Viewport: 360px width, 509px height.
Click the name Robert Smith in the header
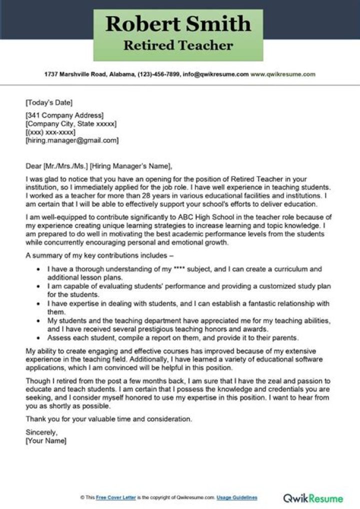point(178,23)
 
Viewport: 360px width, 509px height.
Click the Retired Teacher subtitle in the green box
point(178,46)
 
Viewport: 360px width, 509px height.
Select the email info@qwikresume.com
point(216,74)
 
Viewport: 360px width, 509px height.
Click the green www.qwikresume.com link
point(283,74)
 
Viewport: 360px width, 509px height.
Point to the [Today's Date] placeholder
point(49,103)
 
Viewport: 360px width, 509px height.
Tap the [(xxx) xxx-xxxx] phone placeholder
point(50,132)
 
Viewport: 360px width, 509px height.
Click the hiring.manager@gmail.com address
point(72,140)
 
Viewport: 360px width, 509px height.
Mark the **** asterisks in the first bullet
point(179,269)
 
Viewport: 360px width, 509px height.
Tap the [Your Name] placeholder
point(46,441)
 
